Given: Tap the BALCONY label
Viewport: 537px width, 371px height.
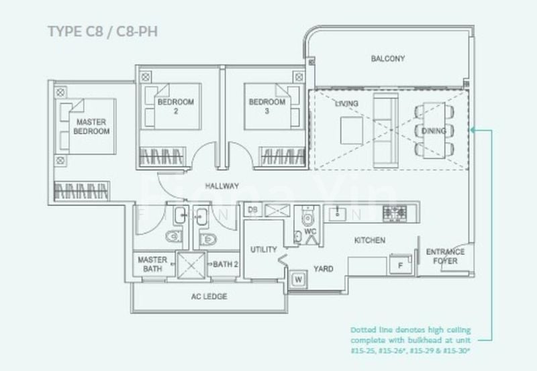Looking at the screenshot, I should click(388, 59).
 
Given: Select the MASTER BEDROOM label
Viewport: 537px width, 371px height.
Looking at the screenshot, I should click(92, 127).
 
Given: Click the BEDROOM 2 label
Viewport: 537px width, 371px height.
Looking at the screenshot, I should click(176, 107).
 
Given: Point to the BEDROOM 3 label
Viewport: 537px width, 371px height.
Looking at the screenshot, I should click(267, 107).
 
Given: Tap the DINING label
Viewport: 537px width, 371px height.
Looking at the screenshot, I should click(436, 131).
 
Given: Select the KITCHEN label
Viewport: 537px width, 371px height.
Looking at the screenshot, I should click(370, 240).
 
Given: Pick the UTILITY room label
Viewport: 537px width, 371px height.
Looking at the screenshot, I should click(264, 250).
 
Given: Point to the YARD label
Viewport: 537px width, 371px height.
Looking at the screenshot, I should click(324, 268).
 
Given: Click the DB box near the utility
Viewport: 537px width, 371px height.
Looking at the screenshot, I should click(253, 210).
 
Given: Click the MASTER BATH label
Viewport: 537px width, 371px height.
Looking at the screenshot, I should click(152, 264).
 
